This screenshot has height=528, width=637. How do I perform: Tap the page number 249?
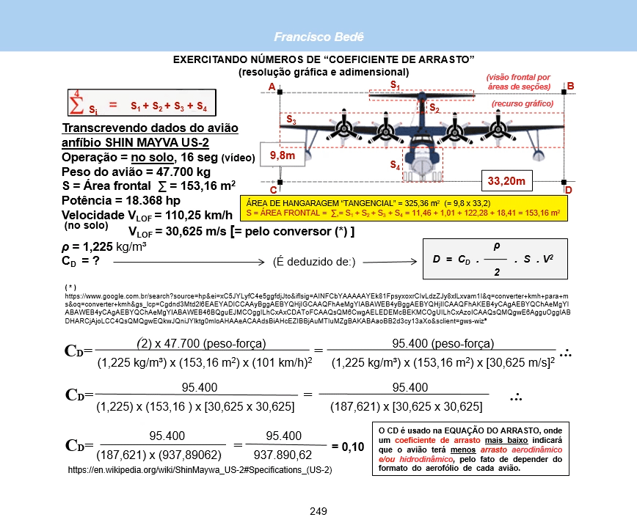coord(318,511)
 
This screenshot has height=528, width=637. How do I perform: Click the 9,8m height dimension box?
coord(283,156)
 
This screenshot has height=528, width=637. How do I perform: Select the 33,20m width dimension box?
coord(506,180)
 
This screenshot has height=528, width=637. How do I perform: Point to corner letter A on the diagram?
coord(272,88)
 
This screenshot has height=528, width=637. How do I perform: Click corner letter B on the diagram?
coord(570,87)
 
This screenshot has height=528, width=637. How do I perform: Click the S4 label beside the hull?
coord(395,165)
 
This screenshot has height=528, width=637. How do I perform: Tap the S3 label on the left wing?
coord(291,119)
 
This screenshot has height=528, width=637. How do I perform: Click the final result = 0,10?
coord(349,446)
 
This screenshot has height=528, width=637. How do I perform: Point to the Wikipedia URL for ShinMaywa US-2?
coord(200,469)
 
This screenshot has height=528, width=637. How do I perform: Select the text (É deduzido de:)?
coord(313,261)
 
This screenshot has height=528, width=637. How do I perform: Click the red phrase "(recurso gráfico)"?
coord(522,104)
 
